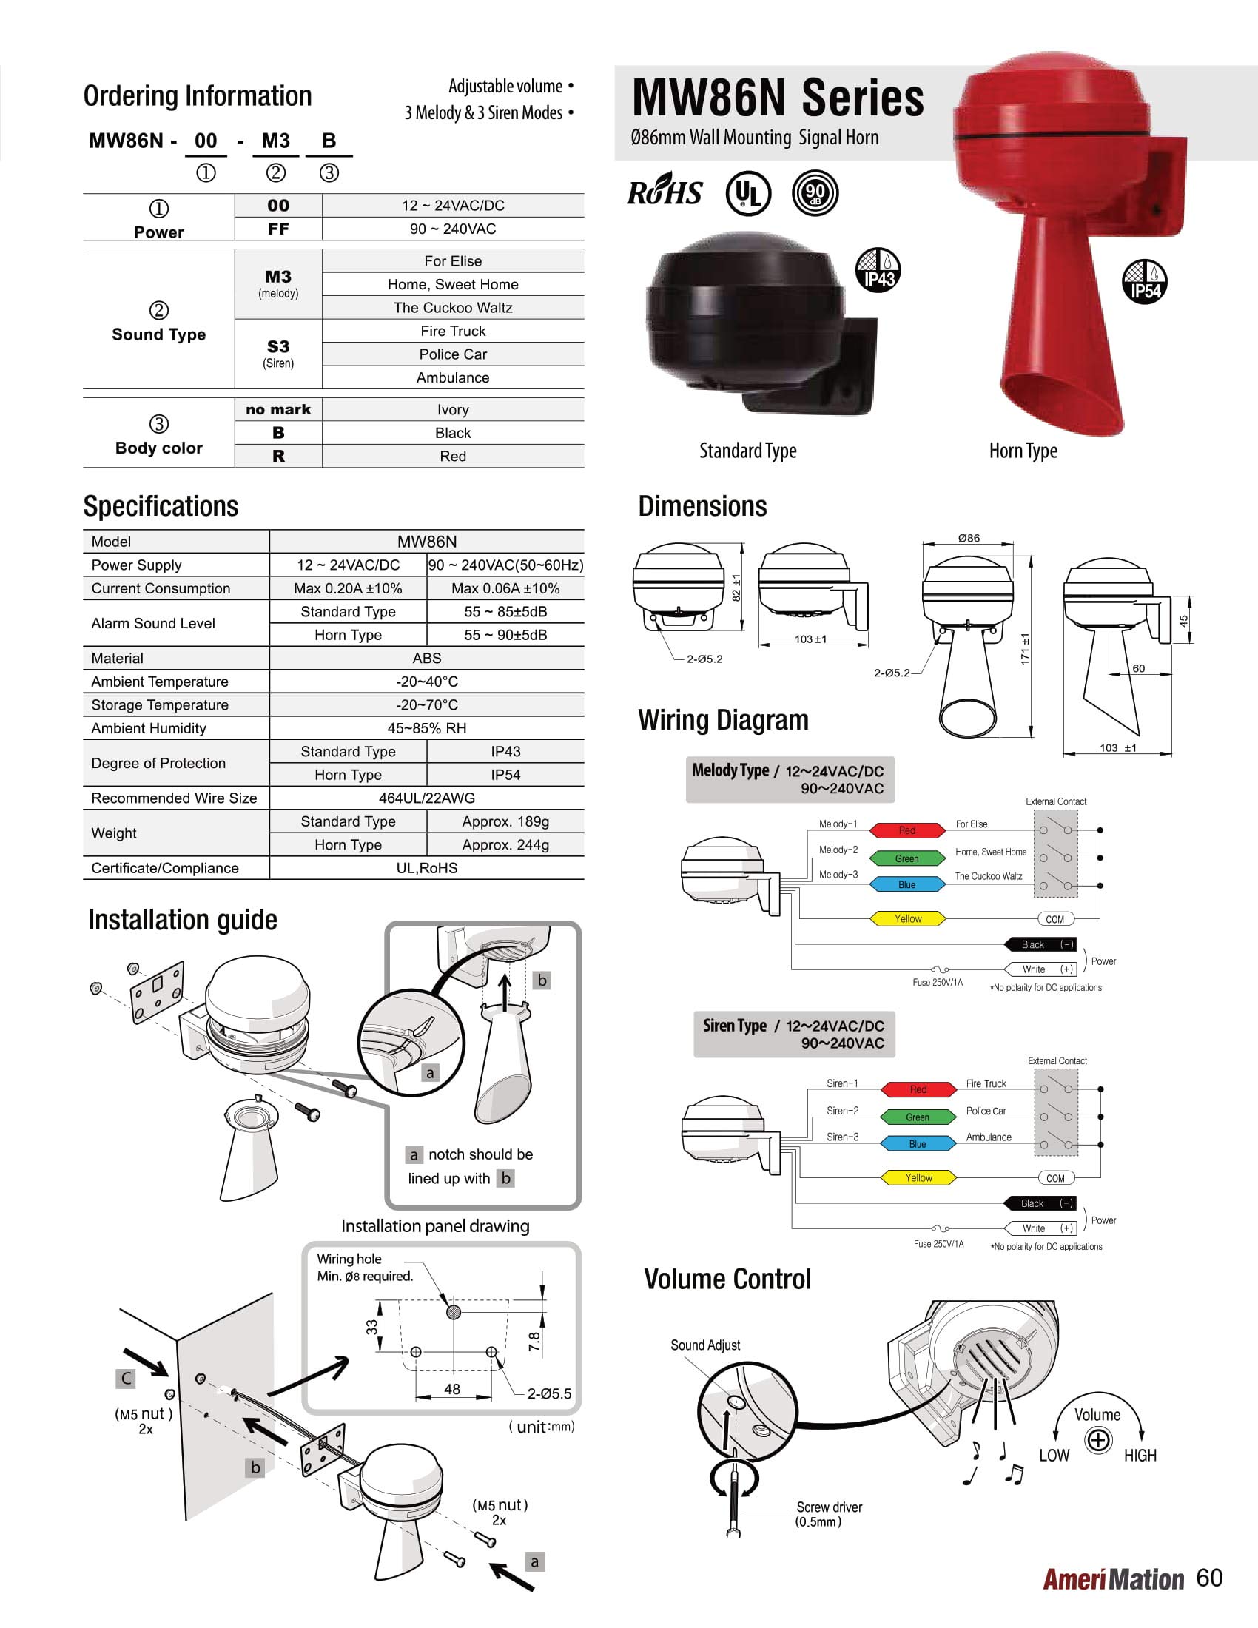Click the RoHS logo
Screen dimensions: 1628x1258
coord(664,193)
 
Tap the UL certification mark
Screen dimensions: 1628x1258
coord(747,193)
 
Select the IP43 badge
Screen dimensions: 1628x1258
coord(878,270)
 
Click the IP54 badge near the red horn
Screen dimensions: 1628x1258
coord(1145,281)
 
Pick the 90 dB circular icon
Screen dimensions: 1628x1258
coord(815,193)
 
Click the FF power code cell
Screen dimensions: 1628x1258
coord(278,229)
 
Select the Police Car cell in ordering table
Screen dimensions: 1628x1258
coord(452,354)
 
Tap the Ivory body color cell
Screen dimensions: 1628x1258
coord(452,409)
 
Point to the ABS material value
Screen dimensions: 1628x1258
coord(426,658)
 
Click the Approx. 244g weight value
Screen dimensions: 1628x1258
coord(505,844)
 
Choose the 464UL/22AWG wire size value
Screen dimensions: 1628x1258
coord(426,798)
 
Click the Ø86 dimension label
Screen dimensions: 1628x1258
coord(969,538)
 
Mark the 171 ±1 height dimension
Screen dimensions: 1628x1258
coord(1025,648)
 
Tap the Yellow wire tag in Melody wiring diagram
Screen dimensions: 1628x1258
coord(908,919)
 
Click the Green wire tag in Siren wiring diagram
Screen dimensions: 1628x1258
coord(918,1117)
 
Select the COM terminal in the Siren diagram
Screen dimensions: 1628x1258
coord(1055,1179)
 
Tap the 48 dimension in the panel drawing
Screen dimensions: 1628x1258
coord(451,1390)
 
